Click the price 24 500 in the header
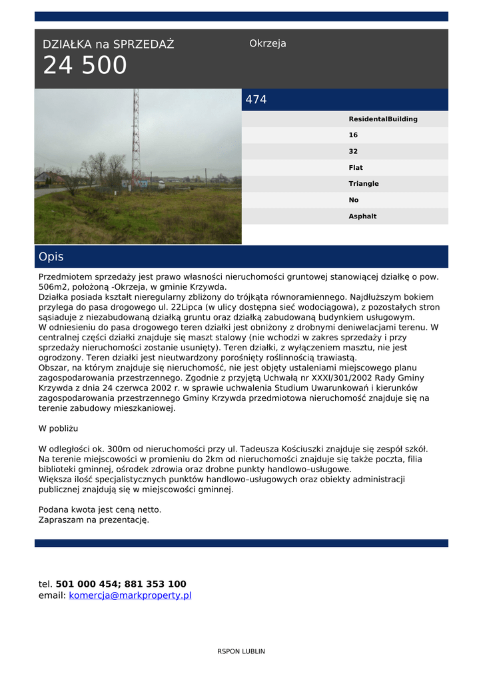pos(85,66)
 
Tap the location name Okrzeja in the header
pos(267,44)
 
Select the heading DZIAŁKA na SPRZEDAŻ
pos(108,45)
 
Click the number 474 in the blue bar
pos(256,100)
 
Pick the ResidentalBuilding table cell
pos(383,119)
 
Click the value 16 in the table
pos(353,135)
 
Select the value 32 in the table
pos(353,151)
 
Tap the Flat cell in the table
pos(356,168)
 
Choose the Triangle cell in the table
pos(364,184)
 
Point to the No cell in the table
pos(354,200)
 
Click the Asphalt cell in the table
pos(362,216)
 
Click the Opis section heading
pos(51,257)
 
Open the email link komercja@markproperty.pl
pos(130,595)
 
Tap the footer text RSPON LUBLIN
pos(241,651)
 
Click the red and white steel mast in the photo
pos(136,140)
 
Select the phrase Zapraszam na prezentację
pos(94,519)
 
